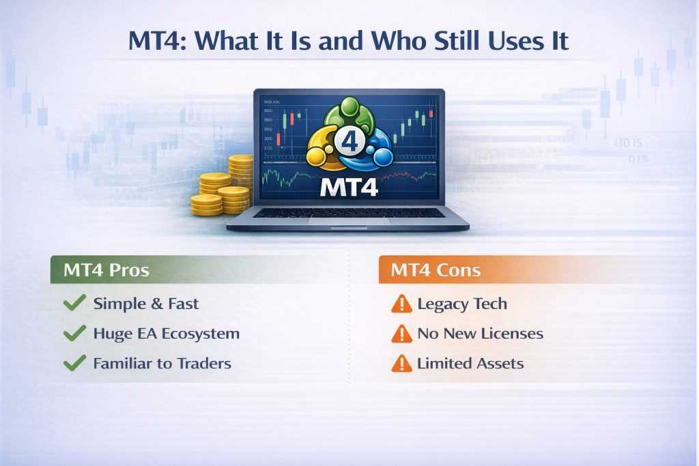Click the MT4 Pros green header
106,270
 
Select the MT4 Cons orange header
436,270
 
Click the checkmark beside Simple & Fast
74,303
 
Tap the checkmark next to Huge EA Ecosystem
74,333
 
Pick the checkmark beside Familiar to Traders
74,363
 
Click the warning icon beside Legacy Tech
401,304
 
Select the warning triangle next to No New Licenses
401,334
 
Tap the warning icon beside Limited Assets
401,364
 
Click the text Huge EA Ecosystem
166,334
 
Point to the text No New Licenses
480,334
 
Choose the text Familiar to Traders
162,364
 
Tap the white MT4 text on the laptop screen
349,187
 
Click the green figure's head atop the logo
349,106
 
